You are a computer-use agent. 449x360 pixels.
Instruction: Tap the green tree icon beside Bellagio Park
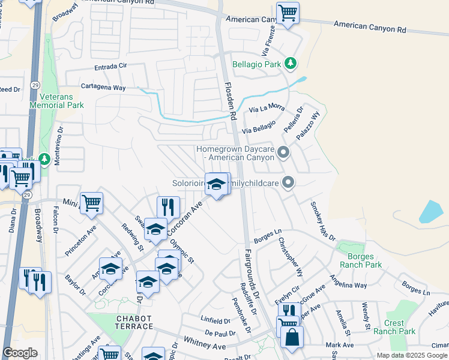[x=291, y=63]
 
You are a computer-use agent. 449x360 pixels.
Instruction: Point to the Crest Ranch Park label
[x=394, y=327]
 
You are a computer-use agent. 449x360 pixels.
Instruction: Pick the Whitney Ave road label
[x=205, y=343]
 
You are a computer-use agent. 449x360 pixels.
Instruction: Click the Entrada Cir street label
[x=111, y=68]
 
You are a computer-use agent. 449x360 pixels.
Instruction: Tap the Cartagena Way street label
[x=103, y=88]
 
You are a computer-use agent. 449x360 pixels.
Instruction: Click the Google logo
[x=20, y=353]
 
